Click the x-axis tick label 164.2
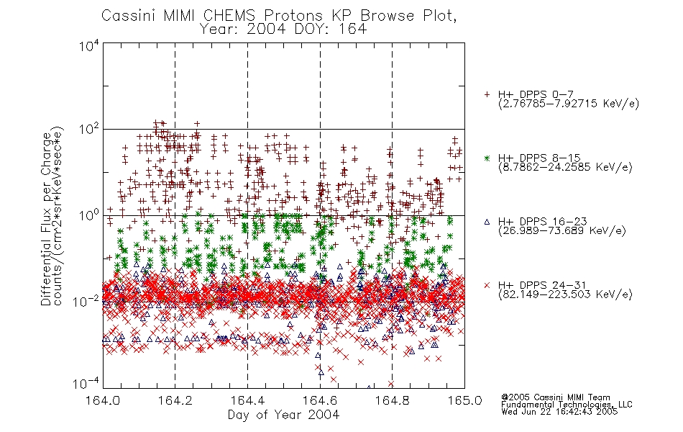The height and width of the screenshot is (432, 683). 175,400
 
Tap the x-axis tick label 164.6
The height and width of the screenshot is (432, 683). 320,400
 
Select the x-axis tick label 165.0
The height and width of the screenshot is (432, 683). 464,400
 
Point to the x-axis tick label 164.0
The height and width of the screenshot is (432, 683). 103,400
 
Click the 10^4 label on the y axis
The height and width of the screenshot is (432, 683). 89,45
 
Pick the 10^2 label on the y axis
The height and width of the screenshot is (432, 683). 89,130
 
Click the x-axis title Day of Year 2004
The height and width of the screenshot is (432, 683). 283,415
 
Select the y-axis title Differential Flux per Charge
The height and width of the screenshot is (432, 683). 46,219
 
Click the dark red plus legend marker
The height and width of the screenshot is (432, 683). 487,94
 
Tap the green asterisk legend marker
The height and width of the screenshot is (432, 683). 487,158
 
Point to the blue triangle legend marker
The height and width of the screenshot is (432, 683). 487,222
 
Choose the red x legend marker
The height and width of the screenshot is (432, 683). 487,285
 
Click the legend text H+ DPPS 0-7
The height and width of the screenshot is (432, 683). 536,94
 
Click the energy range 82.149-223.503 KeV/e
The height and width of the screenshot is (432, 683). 565,294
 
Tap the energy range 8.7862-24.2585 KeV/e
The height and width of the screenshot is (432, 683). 565,167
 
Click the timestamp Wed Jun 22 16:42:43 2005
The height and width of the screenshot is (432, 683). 559,412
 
